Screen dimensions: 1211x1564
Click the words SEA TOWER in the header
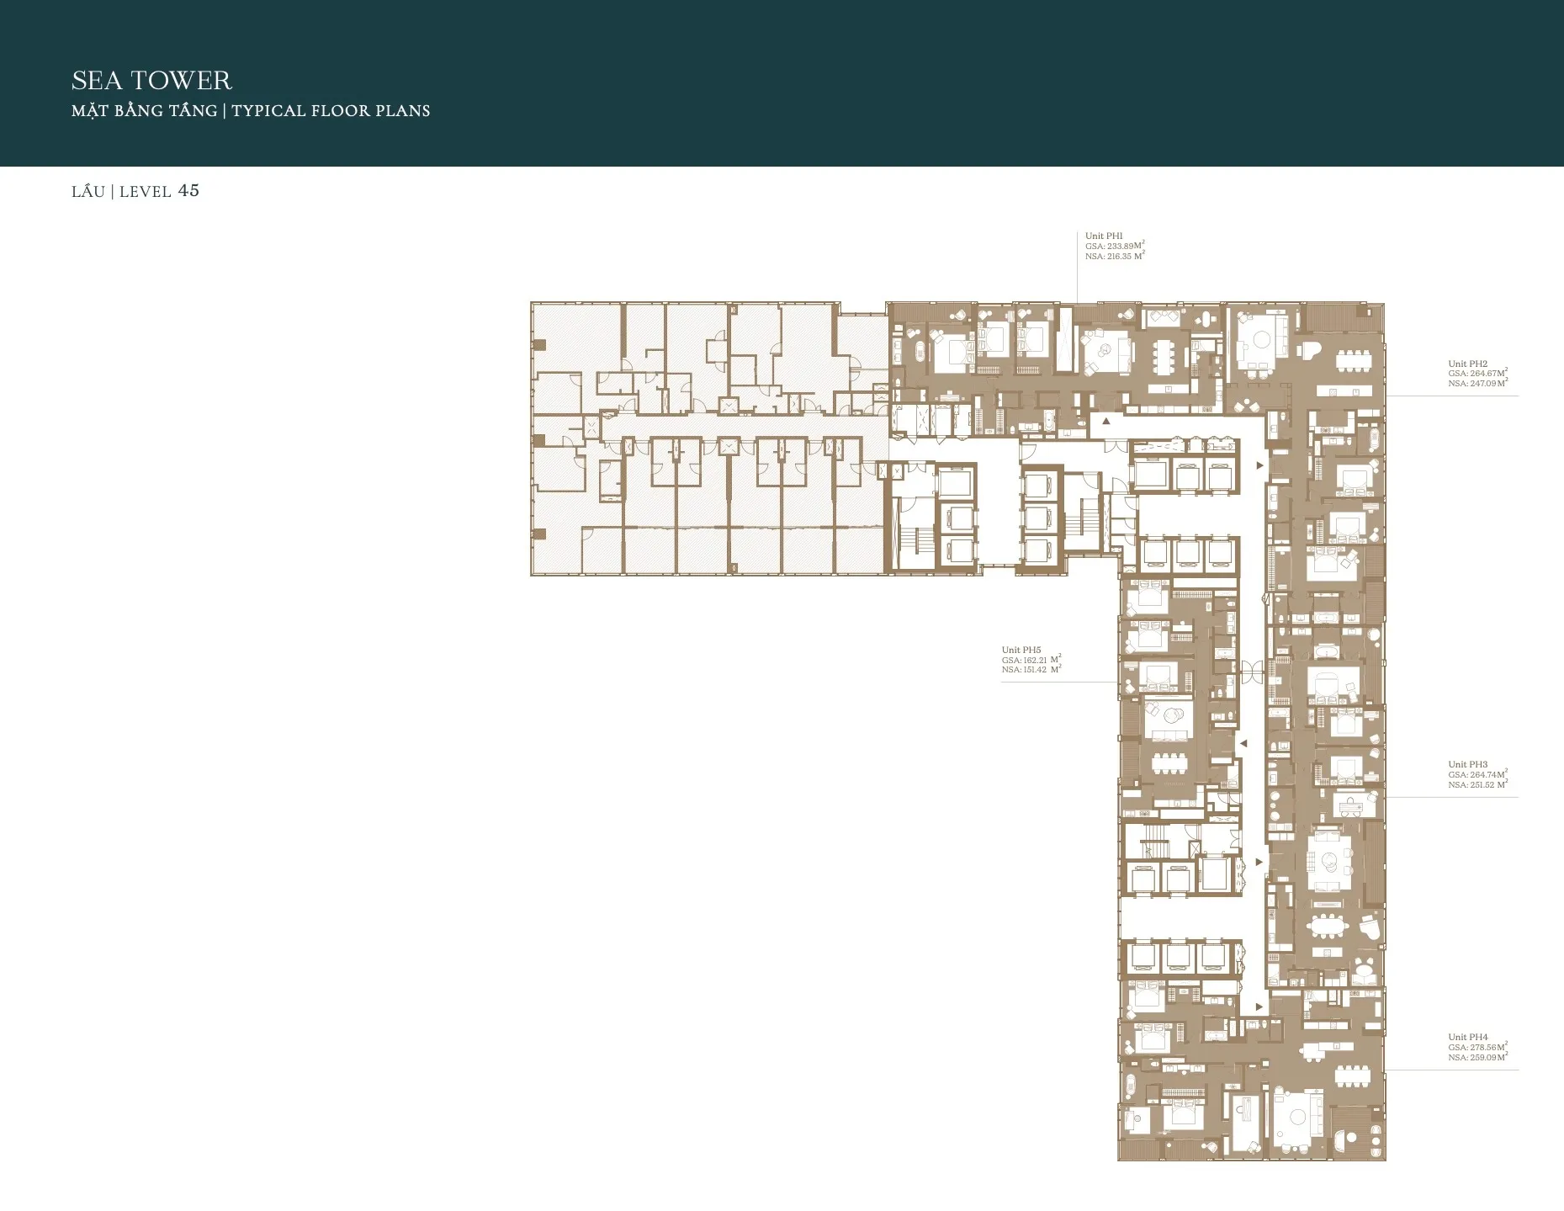[151, 81]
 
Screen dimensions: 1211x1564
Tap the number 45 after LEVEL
[188, 191]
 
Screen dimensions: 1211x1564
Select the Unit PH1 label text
[1103, 236]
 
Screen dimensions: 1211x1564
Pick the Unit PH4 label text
[1467, 1037]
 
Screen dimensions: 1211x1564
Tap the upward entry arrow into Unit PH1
[1106, 420]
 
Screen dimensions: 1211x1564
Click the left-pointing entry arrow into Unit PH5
[1243, 743]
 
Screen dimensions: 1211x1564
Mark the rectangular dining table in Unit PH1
[1166, 357]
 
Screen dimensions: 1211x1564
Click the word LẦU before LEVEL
[88, 192]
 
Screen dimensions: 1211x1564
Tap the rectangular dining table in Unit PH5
[1166, 764]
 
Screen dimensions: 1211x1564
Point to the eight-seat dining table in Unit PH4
[1353, 1078]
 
